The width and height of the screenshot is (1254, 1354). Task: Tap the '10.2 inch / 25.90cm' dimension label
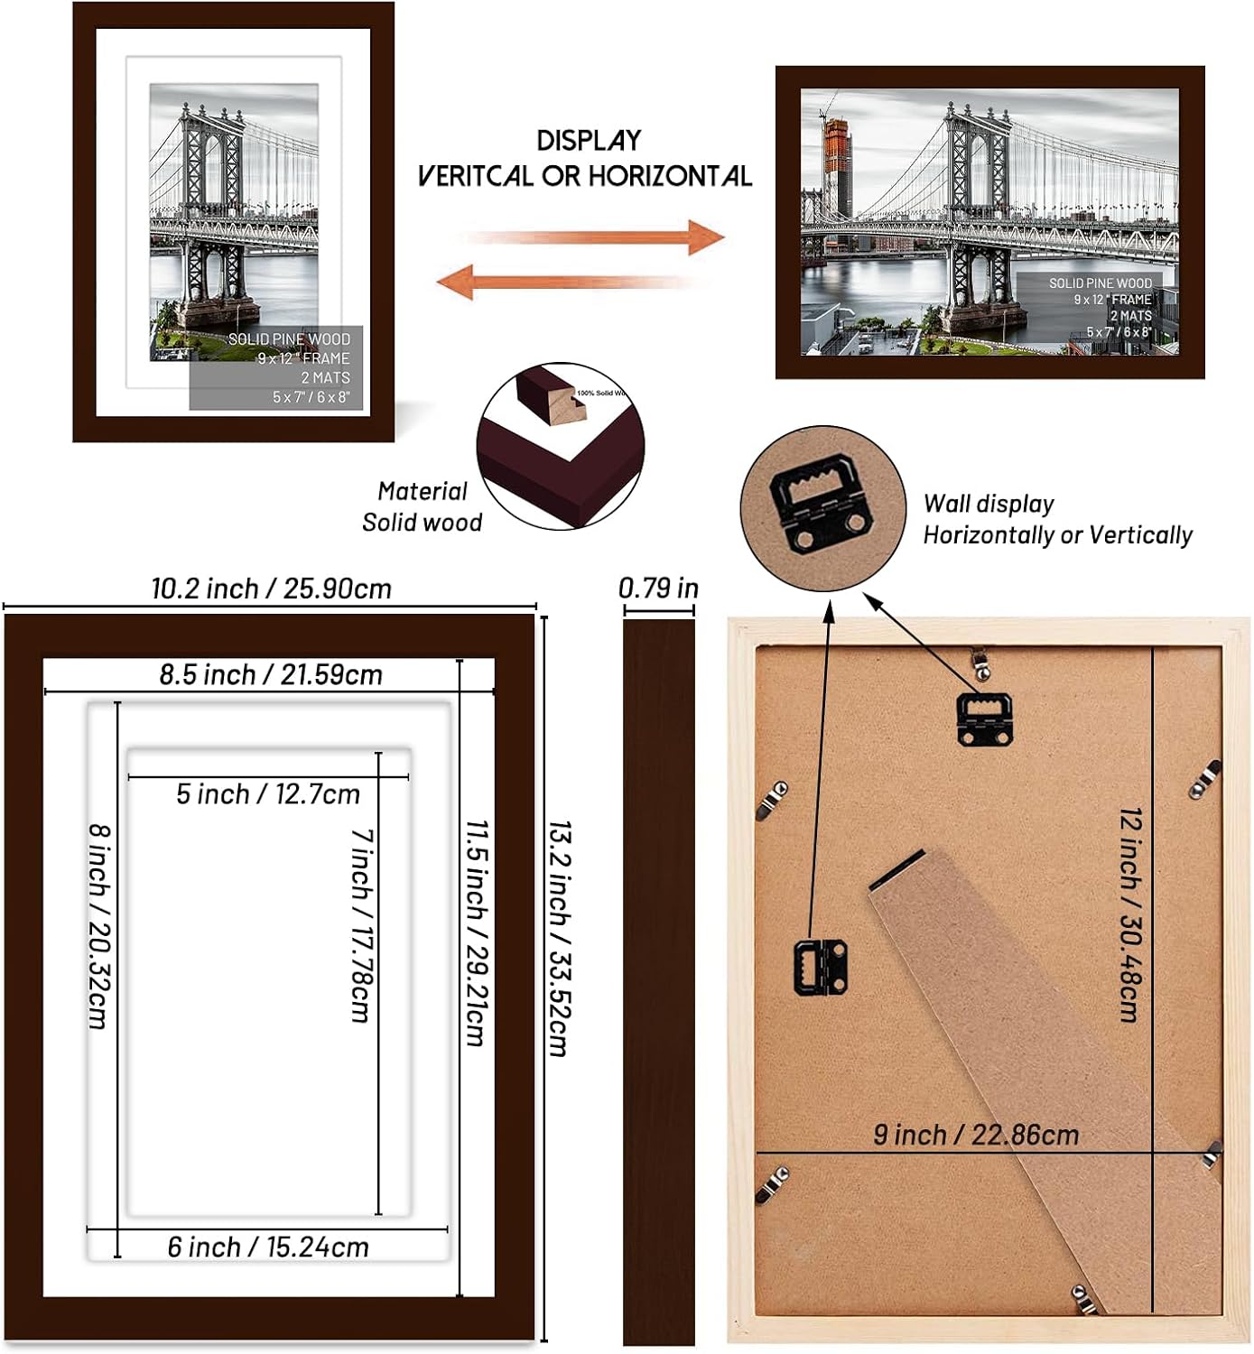tap(271, 589)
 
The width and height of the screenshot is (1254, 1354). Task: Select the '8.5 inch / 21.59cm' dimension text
tap(271, 674)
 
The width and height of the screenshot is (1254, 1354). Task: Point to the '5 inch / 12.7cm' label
tap(268, 794)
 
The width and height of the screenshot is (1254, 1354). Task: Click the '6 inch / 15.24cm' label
tap(268, 1247)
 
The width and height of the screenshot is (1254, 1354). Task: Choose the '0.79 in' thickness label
tap(658, 589)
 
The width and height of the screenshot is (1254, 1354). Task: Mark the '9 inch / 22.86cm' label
tap(976, 1135)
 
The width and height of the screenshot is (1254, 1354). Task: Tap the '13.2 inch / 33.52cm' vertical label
tap(560, 939)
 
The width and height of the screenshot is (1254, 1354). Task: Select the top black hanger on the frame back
tap(983, 718)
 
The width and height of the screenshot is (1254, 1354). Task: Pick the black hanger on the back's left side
tap(820, 967)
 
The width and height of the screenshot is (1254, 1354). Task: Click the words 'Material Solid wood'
tap(422, 506)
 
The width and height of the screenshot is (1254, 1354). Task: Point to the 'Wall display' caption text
tap(989, 504)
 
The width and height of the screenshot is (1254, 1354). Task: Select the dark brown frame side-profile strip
tap(658, 979)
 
